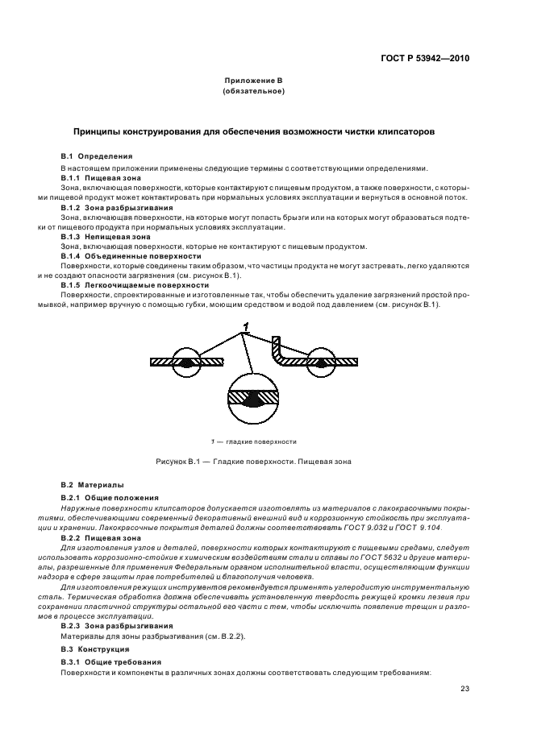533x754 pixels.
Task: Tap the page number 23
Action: [465, 688]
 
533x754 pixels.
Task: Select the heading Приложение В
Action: [252, 82]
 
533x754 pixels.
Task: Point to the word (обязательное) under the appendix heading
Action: [252, 92]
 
